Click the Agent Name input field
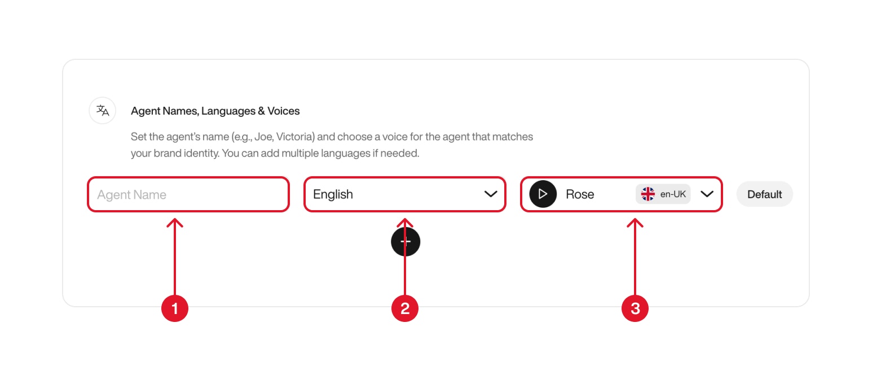(x=188, y=195)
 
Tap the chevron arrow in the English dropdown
(x=491, y=194)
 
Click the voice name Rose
(x=580, y=194)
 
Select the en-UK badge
(x=663, y=194)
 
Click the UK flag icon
(x=648, y=194)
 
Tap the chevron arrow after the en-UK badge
(x=707, y=194)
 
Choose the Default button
(x=764, y=194)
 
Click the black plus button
(x=406, y=242)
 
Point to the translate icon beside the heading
(x=103, y=110)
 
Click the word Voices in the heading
(x=284, y=111)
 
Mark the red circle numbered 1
(x=175, y=308)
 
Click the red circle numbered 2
(x=405, y=308)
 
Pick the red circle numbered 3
(x=635, y=308)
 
